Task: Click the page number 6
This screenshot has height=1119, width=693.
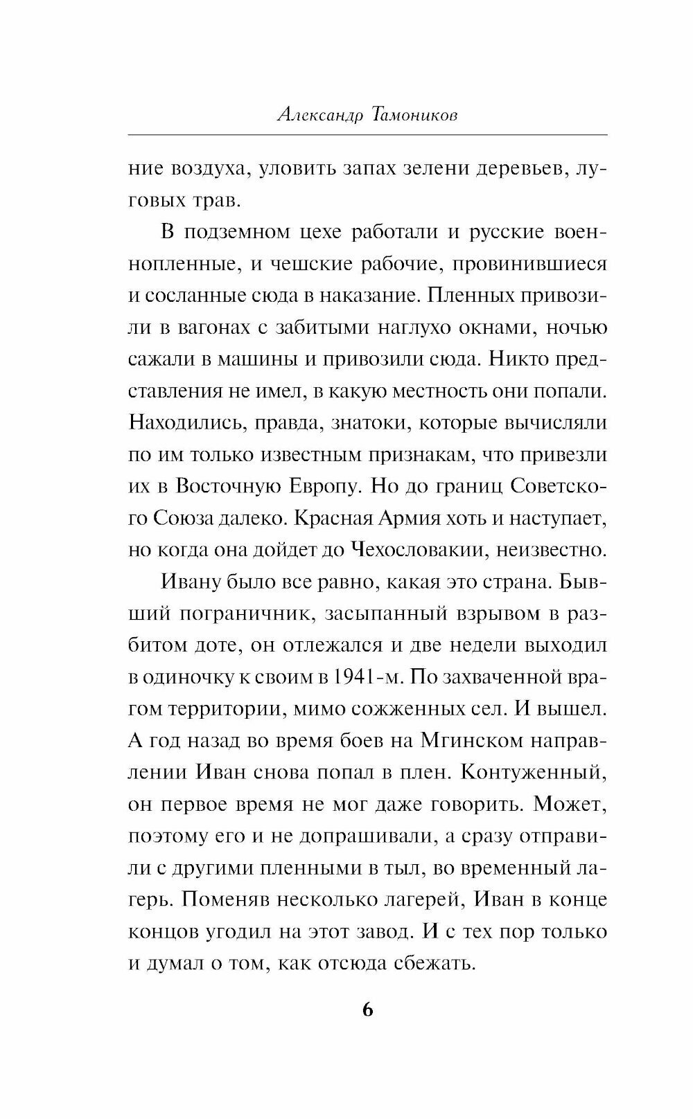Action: tap(367, 1009)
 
